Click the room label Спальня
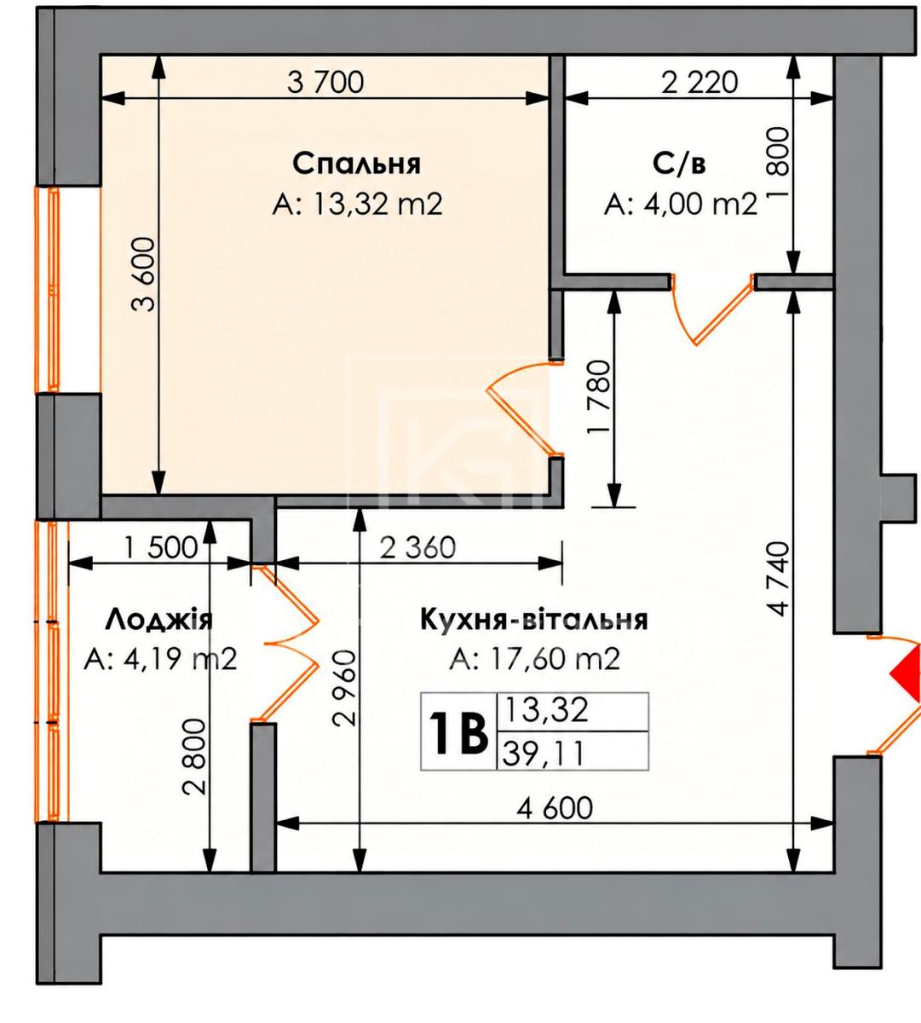tap(357, 164)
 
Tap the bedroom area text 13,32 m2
tap(377, 204)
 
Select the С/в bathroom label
tap(679, 164)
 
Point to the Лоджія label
tap(159, 620)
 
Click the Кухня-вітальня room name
tap(534, 620)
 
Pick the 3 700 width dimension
tap(325, 82)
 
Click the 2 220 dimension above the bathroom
tap(699, 82)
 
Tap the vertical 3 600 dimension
tap(143, 275)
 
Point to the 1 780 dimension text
tap(598, 397)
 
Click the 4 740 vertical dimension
tap(778, 579)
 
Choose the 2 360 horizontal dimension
tap(418, 548)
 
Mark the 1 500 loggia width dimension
tap(161, 548)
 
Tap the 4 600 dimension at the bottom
tap(555, 808)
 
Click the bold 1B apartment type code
tap(458, 732)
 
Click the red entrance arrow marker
tap(907, 674)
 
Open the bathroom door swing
tap(712, 309)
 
